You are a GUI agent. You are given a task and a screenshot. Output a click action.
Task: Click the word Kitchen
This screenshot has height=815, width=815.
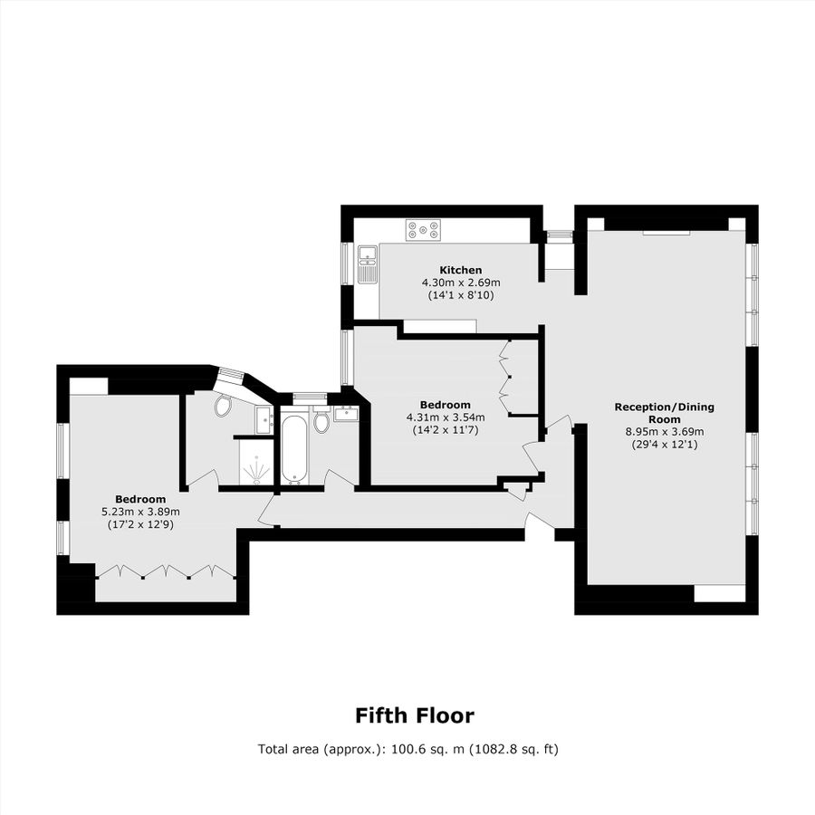460,270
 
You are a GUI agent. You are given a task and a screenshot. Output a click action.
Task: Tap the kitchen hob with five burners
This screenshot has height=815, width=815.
423,230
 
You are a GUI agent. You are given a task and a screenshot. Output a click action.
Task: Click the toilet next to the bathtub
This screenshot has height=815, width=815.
321,423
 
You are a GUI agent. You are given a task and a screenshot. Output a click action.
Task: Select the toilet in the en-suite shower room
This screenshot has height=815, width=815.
223,407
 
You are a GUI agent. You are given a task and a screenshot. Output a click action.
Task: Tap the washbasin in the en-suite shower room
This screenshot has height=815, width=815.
264,417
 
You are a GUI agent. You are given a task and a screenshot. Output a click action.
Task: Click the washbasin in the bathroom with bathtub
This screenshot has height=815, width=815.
345,415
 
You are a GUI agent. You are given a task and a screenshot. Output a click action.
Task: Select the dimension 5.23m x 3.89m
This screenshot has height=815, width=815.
140,512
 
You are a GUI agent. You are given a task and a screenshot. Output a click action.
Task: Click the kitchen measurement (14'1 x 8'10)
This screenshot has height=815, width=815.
460,295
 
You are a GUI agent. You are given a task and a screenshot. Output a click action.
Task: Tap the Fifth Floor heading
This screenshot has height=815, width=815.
414,715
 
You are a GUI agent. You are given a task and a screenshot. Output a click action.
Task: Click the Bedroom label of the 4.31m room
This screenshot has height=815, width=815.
445,404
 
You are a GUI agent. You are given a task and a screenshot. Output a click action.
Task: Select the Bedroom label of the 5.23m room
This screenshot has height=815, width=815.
140,499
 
